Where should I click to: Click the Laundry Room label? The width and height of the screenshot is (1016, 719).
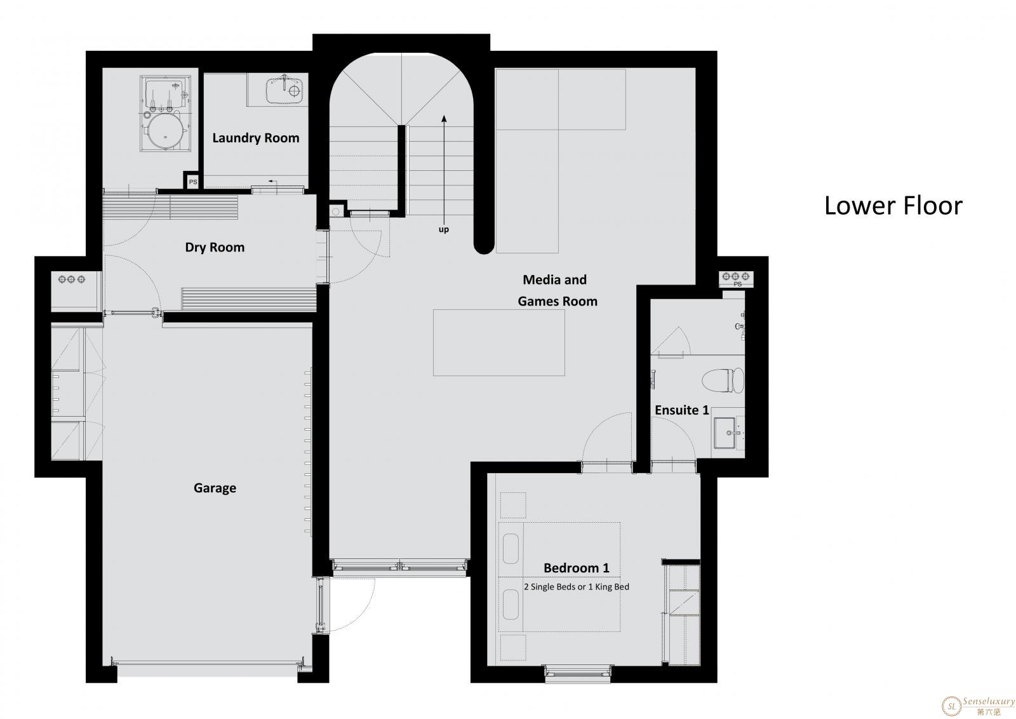click(x=256, y=138)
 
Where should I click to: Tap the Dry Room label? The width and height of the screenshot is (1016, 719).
click(x=215, y=247)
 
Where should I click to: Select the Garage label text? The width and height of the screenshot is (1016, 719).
click(x=215, y=488)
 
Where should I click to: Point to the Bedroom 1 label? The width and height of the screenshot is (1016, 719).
click(x=576, y=567)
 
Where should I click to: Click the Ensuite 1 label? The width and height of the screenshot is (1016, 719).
click(x=682, y=410)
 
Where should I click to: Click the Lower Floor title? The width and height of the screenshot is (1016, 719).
click(x=893, y=206)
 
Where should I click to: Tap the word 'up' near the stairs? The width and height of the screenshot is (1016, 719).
click(x=444, y=229)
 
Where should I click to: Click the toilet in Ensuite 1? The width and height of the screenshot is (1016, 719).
click(x=723, y=380)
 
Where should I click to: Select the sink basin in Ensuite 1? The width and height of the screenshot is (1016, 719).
click(x=725, y=433)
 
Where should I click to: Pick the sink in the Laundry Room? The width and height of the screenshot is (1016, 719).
click(x=284, y=90)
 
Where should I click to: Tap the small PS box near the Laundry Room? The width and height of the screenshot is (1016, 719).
click(x=193, y=182)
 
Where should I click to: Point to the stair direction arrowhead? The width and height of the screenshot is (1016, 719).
click(x=444, y=119)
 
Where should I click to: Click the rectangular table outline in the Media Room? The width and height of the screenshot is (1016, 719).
click(x=499, y=342)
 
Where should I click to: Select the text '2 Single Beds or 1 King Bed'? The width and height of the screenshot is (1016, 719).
click(x=577, y=586)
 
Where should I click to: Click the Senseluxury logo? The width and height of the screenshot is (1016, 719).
click(x=978, y=706)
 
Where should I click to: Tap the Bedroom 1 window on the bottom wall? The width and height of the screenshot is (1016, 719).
click(x=577, y=674)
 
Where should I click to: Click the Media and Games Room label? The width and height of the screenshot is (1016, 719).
click(x=557, y=290)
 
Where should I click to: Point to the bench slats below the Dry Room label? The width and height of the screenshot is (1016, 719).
click(x=249, y=299)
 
